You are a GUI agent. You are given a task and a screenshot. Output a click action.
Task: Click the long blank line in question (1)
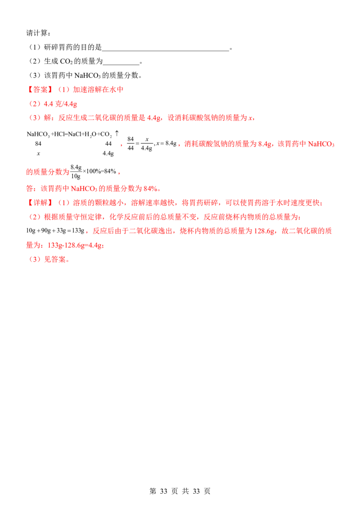click(x=166, y=51)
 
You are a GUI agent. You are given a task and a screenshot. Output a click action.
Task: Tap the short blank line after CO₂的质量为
click(x=121, y=65)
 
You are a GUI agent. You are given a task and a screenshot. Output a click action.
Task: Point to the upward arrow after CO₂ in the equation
click(x=117, y=133)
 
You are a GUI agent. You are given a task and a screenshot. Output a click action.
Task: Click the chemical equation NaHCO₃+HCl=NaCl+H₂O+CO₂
click(x=70, y=134)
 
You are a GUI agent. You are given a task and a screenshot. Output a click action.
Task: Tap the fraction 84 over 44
click(x=130, y=143)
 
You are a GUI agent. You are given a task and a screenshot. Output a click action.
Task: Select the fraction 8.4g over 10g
click(x=76, y=172)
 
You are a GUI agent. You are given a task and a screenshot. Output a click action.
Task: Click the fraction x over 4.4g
click(x=147, y=143)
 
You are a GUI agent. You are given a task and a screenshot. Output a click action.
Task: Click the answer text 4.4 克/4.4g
click(x=60, y=104)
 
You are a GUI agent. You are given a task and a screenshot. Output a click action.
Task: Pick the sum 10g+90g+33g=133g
click(x=55, y=231)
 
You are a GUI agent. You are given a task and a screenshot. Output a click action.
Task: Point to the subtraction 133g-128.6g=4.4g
click(x=75, y=246)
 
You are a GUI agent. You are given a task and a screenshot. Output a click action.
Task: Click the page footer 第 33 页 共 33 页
click(x=180, y=491)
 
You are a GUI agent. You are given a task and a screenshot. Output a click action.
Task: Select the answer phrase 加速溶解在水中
click(x=98, y=89)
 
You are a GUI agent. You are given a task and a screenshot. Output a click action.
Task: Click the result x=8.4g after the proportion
click(x=166, y=143)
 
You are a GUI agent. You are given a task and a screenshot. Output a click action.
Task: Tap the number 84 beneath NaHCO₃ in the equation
click(x=38, y=143)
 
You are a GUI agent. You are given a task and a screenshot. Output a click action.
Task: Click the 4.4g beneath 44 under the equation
click(x=108, y=153)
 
